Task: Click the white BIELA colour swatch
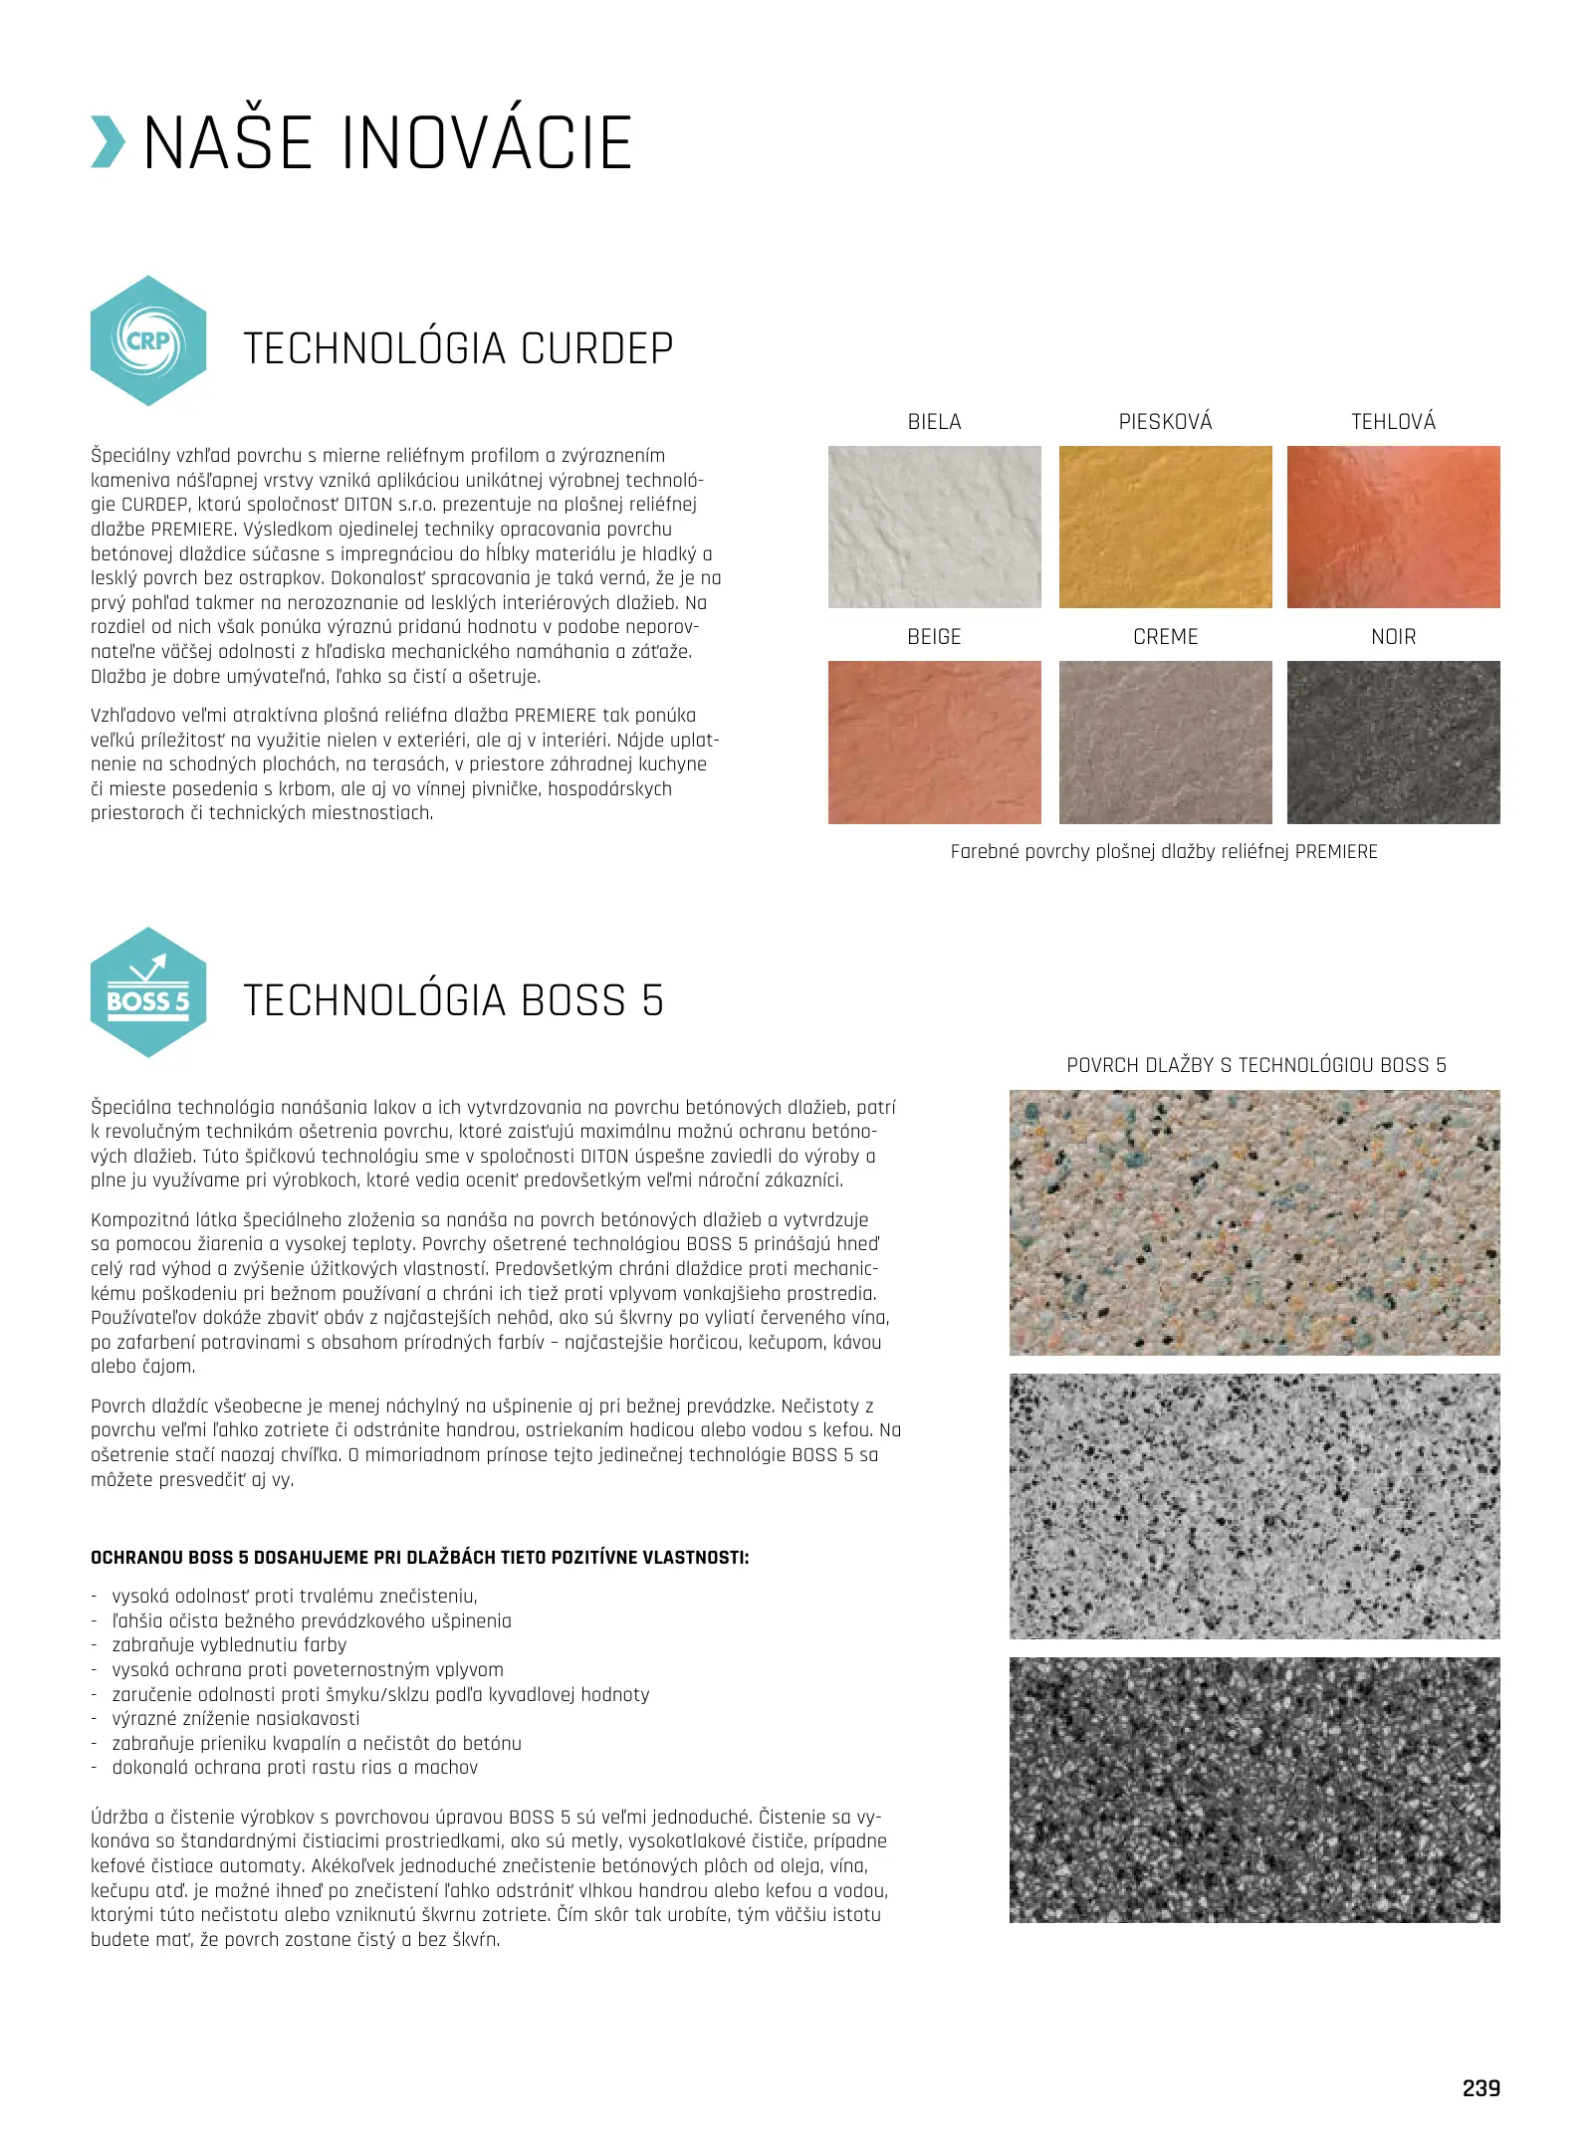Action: click(934, 527)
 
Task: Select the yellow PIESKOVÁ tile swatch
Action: click(1165, 527)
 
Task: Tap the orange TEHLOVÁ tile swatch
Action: click(1393, 527)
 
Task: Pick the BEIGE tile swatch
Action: click(934, 742)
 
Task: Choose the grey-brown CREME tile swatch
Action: click(1165, 742)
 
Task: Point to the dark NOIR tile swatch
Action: click(1393, 742)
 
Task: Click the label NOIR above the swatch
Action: click(1393, 637)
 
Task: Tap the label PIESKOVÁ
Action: click(1165, 422)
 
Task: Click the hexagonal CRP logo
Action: click(148, 341)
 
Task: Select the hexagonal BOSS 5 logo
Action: click(148, 992)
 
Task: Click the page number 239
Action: click(1480, 2088)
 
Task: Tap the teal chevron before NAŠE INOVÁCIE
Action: click(108, 142)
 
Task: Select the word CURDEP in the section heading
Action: click(596, 349)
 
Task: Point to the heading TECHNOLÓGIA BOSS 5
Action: click(453, 1000)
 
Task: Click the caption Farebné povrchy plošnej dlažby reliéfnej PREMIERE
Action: click(1164, 852)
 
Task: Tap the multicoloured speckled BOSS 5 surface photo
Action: click(1253, 1222)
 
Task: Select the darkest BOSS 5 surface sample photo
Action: click(1253, 1790)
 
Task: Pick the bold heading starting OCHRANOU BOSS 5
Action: click(419, 1558)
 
